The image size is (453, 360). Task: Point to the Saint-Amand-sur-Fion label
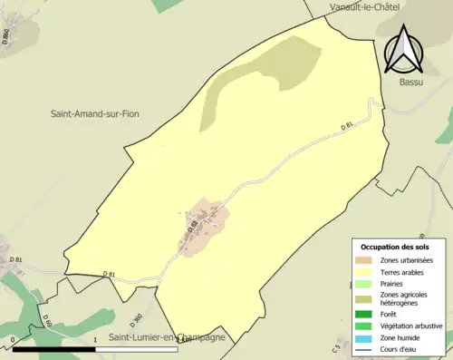(100, 114)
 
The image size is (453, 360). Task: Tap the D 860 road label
(5, 37)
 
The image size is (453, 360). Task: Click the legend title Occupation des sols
(396, 247)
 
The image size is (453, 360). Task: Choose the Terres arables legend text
(407, 271)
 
